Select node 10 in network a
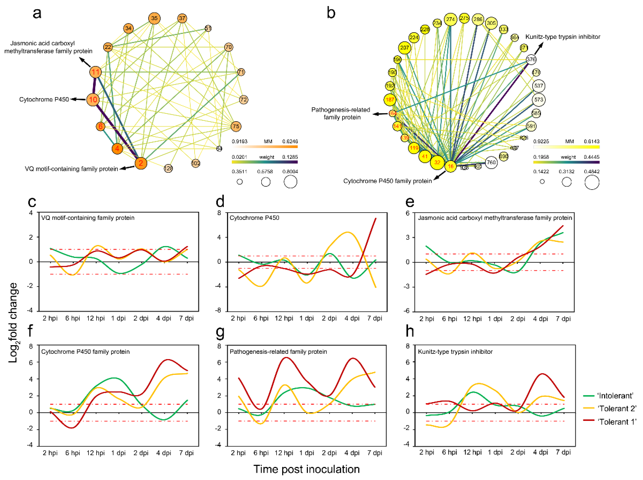pyautogui.click(x=93, y=100)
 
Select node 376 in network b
pyautogui.click(x=531, y=60)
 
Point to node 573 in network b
pyautogui.click(x=538, y=100)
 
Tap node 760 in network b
pyautogui.click(x=491, y=162)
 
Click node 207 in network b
pyautogui.click(x=404, y=48)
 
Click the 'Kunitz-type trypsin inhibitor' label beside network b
pyautogui.click(x=562, y=37)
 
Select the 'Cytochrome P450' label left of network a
pyautogui.click(x=44, y=99)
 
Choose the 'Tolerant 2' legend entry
pyautogui.click(x=617, y=408)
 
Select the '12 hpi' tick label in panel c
pyautogui.click(x=96, y=318)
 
